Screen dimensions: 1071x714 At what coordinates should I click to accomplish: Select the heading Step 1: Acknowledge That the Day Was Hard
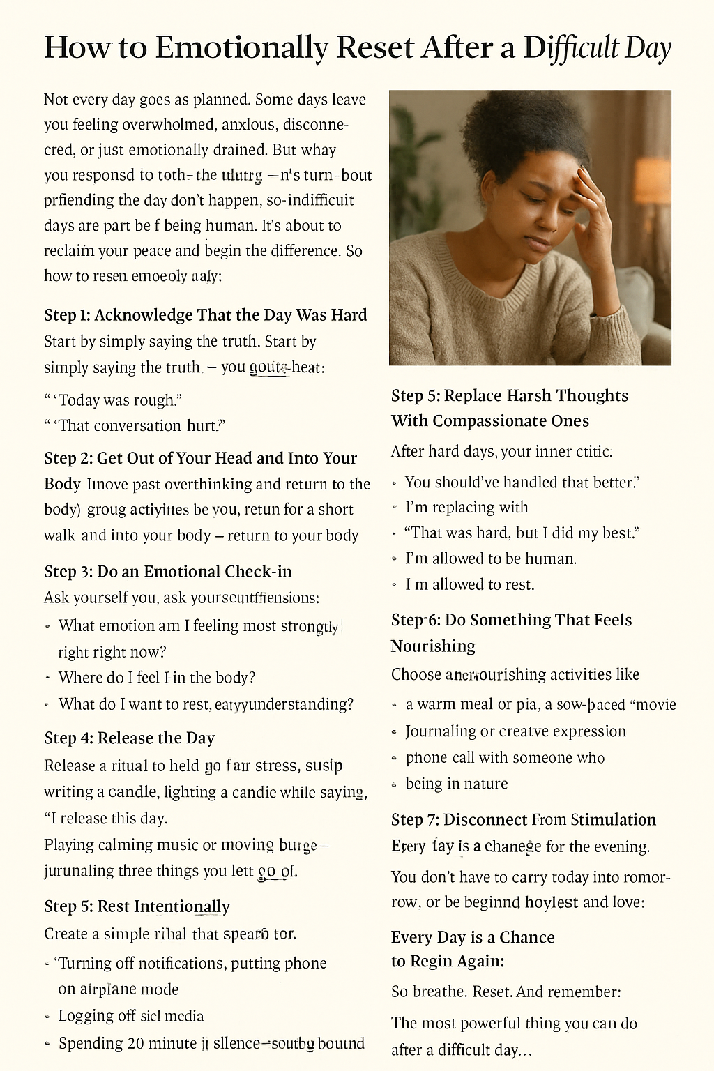(x=205, y=315)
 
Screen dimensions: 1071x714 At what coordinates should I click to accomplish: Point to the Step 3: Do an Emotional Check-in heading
(x=167, y=572)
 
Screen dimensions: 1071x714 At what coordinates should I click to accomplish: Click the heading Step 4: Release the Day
(x=129, y=738)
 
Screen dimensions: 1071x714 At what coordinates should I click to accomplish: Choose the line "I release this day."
(x=106, y=818)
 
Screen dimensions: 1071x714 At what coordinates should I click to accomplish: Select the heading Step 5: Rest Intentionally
(x=137, y=906)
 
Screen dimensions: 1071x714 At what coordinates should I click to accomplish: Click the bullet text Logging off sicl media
(x=131, y=1016)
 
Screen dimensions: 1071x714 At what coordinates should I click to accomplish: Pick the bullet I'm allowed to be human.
(x=491, y=559)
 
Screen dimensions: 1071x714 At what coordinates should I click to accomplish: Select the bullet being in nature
(x=457, y=784)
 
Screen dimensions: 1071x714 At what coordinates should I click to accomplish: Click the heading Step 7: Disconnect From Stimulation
(x=523, y=820)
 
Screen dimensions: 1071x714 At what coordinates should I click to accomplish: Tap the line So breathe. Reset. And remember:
(x=506, y=992)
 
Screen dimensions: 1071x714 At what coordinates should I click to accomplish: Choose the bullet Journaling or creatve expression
(x=515, y=731)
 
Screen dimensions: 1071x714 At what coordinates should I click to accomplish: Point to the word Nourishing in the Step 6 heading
(x=433, y=646)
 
